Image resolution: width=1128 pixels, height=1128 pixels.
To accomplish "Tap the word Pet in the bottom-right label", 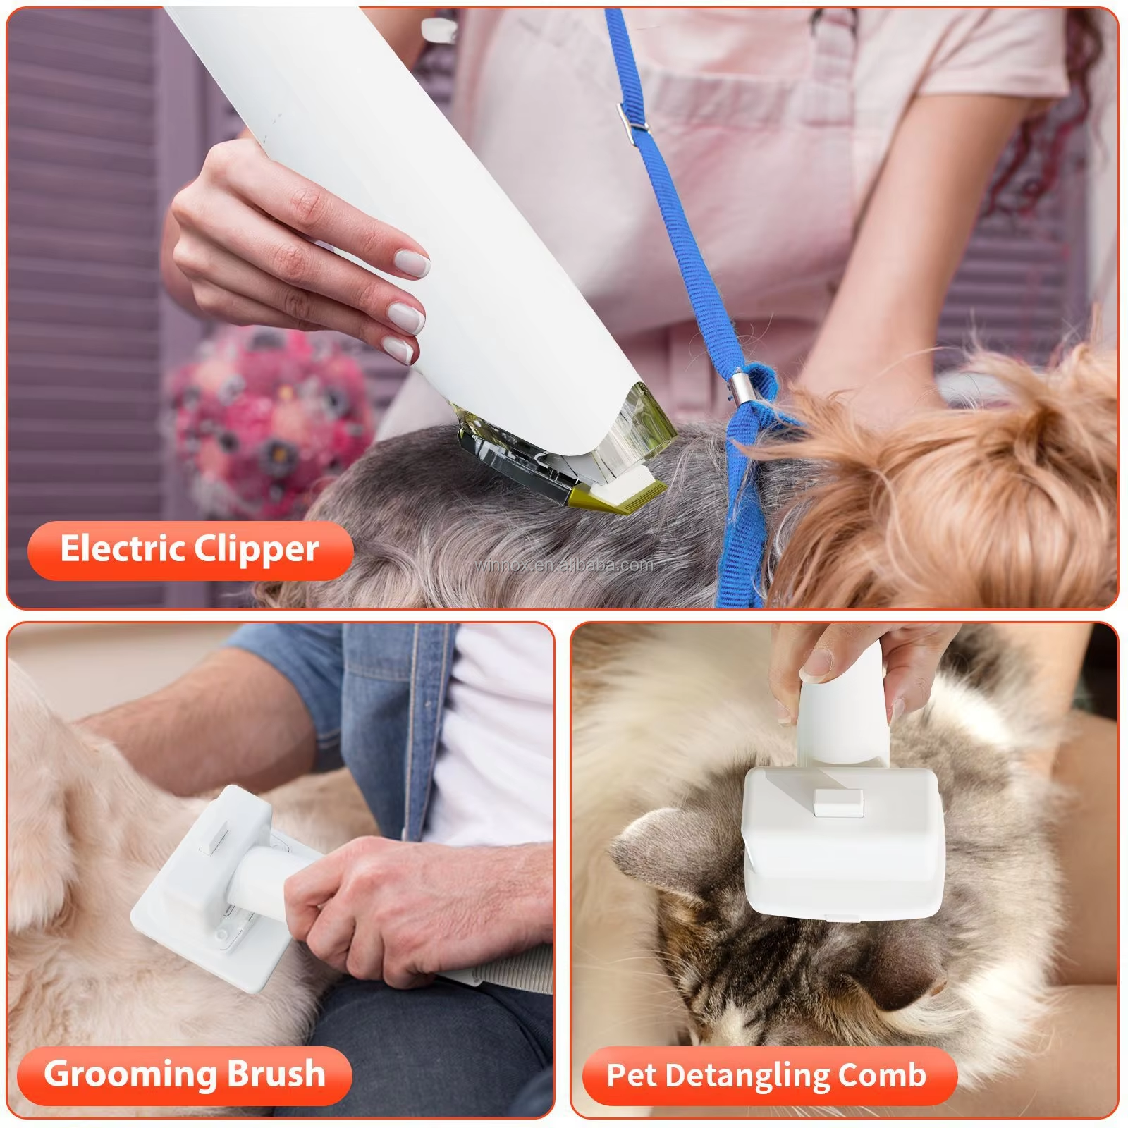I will pyautogui.click(x=632, y=1075).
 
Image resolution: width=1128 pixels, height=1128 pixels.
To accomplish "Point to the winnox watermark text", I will pyautogui.click(x=564, y=565).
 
